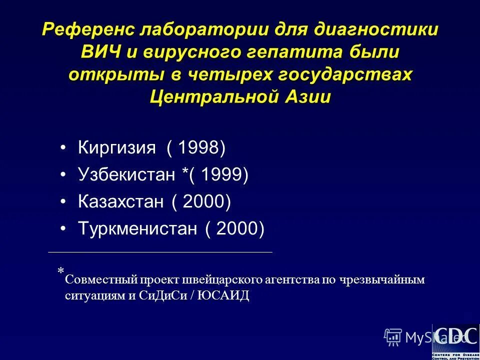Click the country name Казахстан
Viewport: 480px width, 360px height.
pos(120,201)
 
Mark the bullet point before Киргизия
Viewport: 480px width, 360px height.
pos(62,148)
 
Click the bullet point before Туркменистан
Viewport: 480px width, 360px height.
pos(62,229)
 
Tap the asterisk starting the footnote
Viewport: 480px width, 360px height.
pos(60,271)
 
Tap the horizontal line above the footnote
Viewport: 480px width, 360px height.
pos(160,252)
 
